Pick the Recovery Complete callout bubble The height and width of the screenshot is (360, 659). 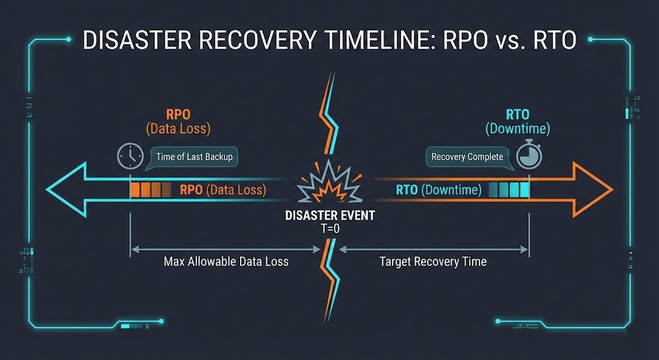pyautogui.click(x=467, y=157)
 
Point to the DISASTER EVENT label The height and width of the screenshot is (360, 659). pyautogui.click(x=329, y=216)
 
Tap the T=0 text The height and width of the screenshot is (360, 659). pyautogui.click(x=329, y=229)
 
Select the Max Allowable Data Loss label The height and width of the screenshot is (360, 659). pyautogui.click(x=226, y=261)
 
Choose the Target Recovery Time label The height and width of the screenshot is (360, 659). pyautogui.click(x=432, y=261)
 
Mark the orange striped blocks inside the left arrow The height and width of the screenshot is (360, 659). pyautogui.click(x=151, y=190)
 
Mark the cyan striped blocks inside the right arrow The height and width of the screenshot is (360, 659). pyautogui.click(x=509, y=190)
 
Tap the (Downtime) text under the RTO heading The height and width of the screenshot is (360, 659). pyautogui.click(x=518, y=129)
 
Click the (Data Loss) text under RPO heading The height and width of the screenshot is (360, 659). pyautogui.click(x=178, y=129)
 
